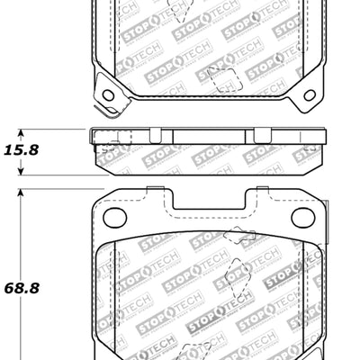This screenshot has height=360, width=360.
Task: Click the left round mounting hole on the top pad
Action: click(108, 94)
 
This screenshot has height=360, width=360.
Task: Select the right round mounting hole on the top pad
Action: click(310, 94)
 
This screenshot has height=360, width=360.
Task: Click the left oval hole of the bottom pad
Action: click(114, 217)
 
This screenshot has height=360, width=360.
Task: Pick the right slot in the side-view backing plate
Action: click(261, 136)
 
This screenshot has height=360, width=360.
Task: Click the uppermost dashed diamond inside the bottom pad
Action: click(238, 238)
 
